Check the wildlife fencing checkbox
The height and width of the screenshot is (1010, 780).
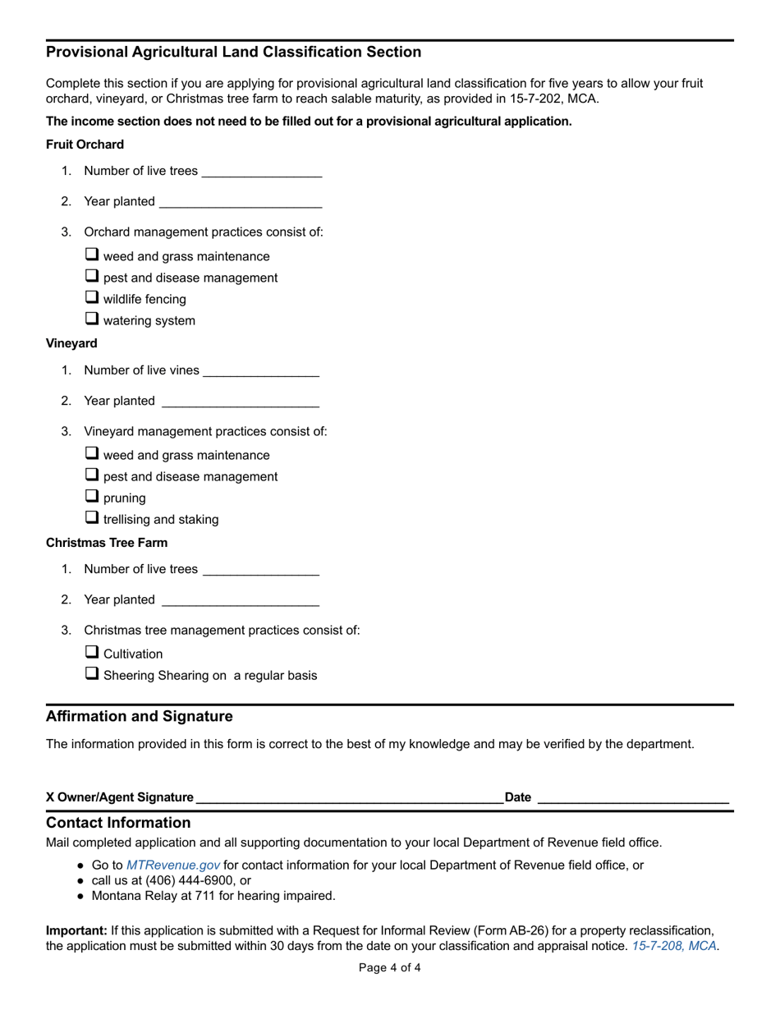92,297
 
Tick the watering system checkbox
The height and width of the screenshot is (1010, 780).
92,319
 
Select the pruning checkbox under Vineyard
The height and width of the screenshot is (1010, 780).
92,496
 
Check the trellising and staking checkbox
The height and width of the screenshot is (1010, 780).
92,517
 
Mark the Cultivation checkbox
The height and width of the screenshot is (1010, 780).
92,652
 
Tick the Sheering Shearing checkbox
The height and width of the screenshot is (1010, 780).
92,673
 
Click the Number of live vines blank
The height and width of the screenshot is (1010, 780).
260,371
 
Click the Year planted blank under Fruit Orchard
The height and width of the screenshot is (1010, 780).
240,202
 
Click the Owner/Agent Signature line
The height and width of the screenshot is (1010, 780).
350,797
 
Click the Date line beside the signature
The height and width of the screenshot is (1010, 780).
632,797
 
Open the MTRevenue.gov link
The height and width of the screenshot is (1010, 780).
172,865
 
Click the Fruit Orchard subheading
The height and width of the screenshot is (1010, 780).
85,145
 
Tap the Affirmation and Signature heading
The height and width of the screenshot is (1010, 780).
139,717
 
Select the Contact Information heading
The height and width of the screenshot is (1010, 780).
118,823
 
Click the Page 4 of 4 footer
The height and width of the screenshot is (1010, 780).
390,968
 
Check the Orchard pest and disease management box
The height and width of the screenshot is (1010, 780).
92,276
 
